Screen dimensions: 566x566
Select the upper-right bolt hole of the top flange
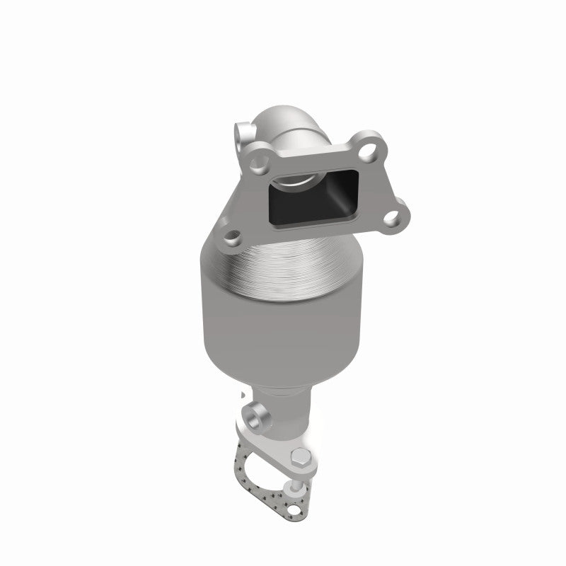click(x=368, y=149)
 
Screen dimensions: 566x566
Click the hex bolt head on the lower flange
click(x=300, y=456)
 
